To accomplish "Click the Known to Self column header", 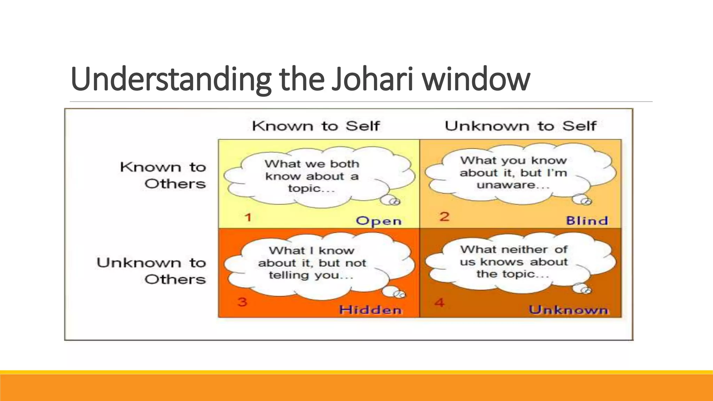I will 316,126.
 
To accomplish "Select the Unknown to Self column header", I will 520,126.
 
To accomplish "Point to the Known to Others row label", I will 163,175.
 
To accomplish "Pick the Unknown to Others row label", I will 151,271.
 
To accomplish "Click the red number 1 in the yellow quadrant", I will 248,218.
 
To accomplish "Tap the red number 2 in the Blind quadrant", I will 444,217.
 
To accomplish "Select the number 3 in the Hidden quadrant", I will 242,301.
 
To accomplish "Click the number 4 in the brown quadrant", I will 439,302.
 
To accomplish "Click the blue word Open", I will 379,221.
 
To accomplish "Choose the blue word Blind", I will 587,221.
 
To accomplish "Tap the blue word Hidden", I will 370,310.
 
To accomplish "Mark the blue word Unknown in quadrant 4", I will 568,310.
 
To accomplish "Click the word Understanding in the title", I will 171,79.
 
